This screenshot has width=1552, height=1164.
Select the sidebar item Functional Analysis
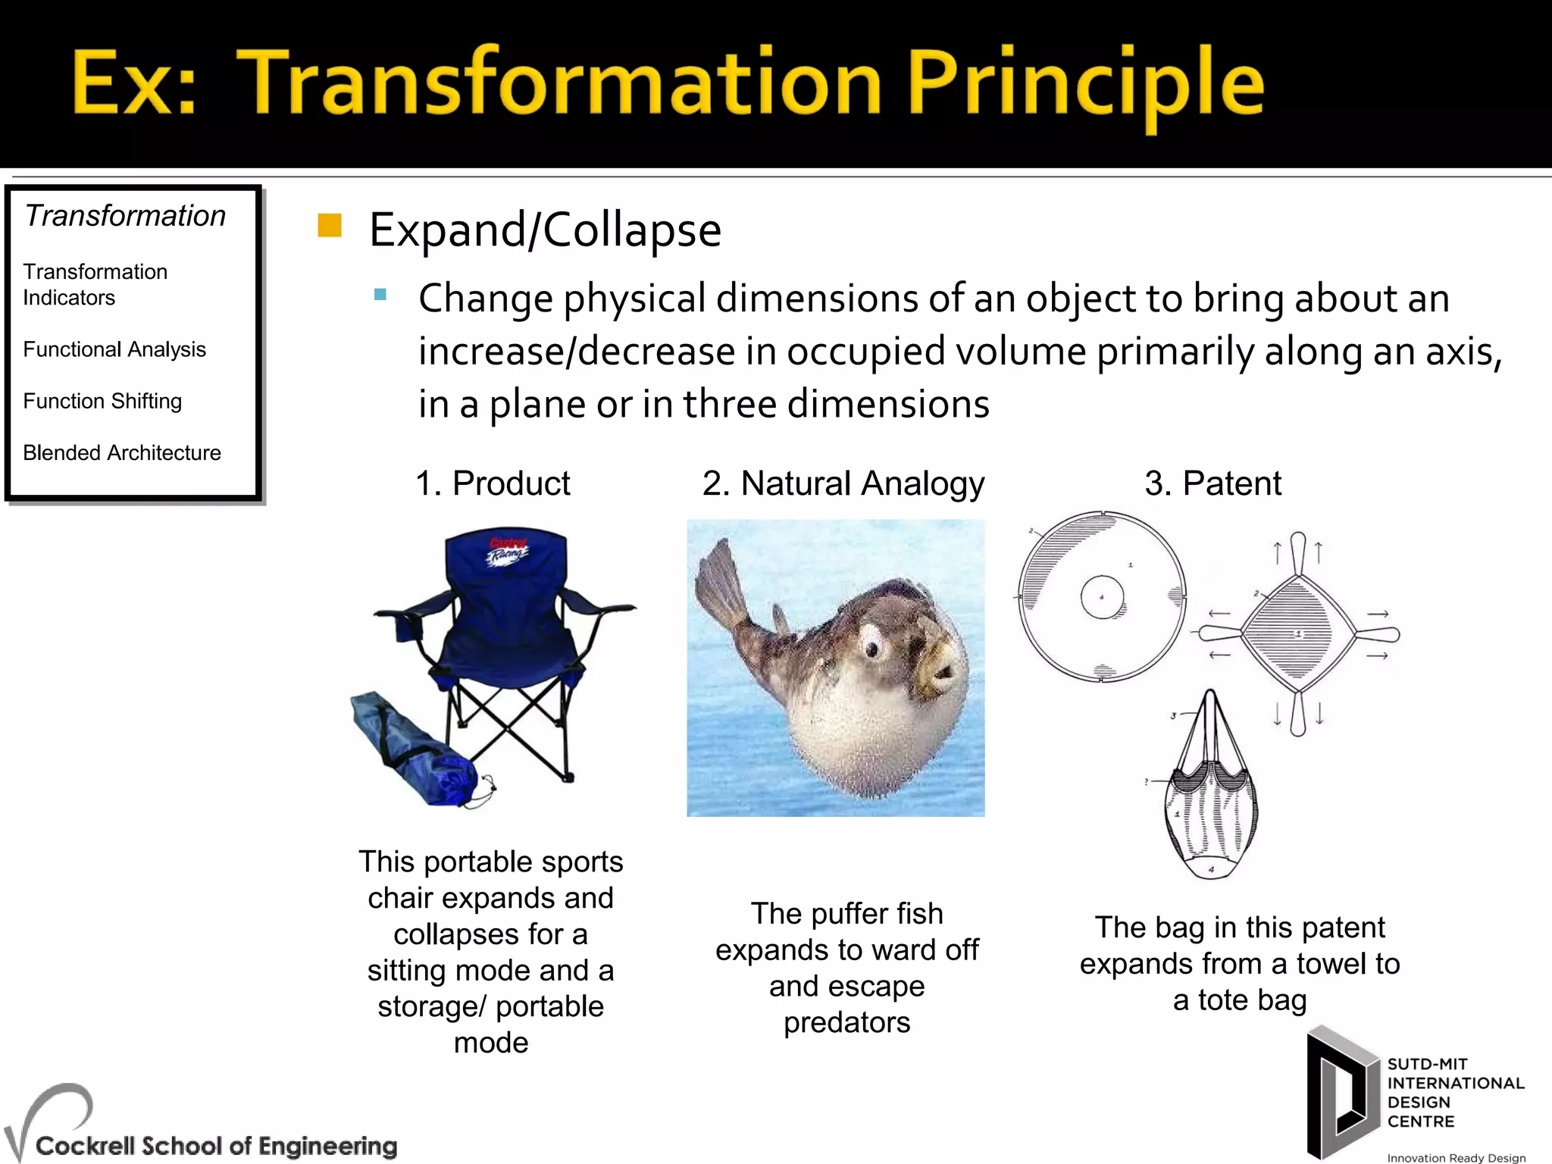point(114,349)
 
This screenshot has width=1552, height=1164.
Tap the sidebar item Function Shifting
point(102,401)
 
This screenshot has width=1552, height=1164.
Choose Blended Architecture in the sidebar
point(122,452)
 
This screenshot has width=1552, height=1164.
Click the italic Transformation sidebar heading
point(125,216)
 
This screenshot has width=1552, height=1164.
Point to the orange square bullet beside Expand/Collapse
point(330,226)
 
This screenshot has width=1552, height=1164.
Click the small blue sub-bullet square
point(380,295)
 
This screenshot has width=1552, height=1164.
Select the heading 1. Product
point(493,483)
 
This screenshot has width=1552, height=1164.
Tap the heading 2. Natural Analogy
point(843,483)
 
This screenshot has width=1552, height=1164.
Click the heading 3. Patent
point(1212,483)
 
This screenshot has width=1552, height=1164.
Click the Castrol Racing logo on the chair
point(508,549)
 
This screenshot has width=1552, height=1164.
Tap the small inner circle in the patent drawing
point(1102,598)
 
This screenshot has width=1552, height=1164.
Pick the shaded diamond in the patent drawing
point(1297,634)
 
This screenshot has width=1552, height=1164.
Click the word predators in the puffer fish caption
point(846,1022)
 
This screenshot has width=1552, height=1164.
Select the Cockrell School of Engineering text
point(216,1146)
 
